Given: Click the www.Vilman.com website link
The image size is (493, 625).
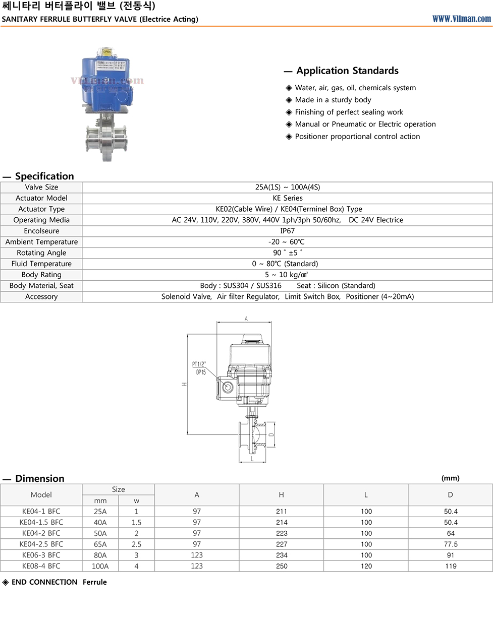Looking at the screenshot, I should pyautogui.click(x=461, y=19).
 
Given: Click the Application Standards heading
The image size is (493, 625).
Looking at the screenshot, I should pyautogui.click(x=347, y=71).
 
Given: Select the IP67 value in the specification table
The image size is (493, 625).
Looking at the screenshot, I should pyautogui.click(x=287, y=231).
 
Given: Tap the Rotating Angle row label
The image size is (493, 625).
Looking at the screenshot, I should pyautogui.click(x=41, y=253).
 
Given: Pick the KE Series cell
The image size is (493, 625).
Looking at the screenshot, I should pyautogui.click(x=287, y=198).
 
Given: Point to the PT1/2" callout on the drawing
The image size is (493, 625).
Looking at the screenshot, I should pyautogui.click(x=199, y=364).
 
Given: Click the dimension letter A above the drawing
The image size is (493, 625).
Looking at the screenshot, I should pyautogui.click(x=246, y=319).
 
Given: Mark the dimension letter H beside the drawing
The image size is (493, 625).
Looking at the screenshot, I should pyautogui.click(x=184, y=384).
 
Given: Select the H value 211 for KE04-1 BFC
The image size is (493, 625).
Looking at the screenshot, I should pyautogui.click(x=282, y=512).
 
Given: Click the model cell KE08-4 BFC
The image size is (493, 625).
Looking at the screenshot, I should pyautogui.click(x=41, y=566).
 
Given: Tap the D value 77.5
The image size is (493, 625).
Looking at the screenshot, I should pyautogui.click(x=451, y=544).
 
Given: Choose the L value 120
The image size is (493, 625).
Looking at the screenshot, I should pyautogui.click(x=366, y=566).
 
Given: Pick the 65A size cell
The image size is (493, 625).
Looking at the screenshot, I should pyautogui.click(x=100, y=544).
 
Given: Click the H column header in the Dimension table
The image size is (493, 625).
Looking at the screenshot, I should pyautogui.click(x=282, y=495).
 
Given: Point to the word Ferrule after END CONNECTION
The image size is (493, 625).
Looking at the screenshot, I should pyautogui.click(x=95, y=582).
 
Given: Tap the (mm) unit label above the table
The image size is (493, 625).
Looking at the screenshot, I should pyautogui.click(x=450, y=478).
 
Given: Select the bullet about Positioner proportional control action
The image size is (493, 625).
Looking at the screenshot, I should pyautogui.click(x=357, y=137).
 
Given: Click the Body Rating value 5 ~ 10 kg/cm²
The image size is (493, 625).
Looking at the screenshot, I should pyautogui.click(x=287, y=275).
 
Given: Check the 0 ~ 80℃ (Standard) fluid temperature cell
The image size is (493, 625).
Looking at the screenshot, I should pyautogui.click(x=285, y=264).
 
